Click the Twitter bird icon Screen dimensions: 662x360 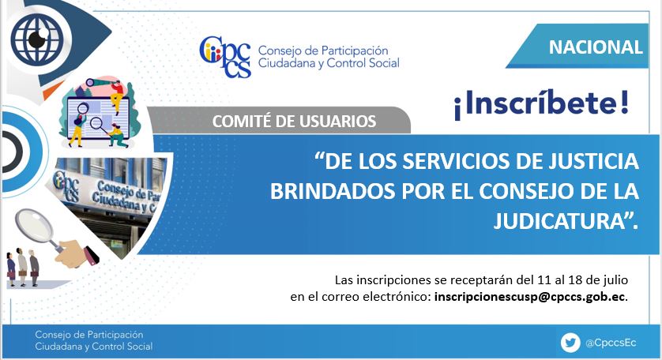[x=570, y=343]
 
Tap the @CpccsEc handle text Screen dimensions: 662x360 [x=611, y=343]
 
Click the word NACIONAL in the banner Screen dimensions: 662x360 [x=596, y=47]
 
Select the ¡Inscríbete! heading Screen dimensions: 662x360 [x=541, y=104]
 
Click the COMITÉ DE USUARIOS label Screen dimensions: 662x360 [x=294, y=122]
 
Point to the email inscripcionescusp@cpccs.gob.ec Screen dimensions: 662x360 [x=529, y=297]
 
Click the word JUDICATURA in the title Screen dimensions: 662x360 [x=559, y=221]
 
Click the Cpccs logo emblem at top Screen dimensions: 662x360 [x=225, y=57]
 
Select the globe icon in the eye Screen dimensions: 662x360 [x=36, y=39]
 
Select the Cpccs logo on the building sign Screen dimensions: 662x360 [x=66, y=185]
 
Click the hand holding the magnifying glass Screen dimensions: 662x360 [x=76, y=253]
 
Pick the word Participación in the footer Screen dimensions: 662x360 [x=117, y=335]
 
